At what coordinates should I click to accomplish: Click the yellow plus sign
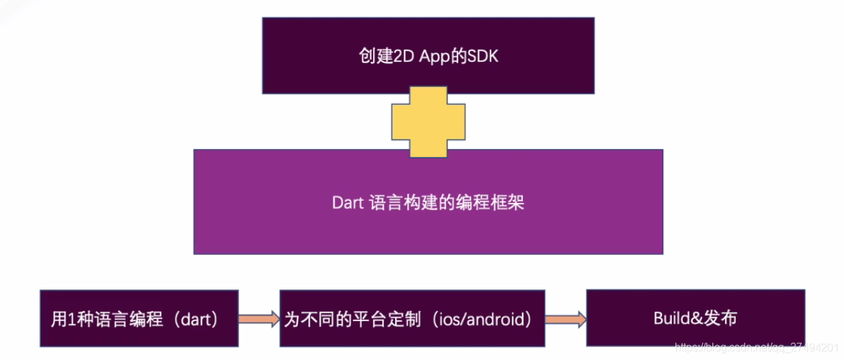tap(428, 121)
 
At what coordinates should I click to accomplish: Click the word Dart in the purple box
tap(347, 202)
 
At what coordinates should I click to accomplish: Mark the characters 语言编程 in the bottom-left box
tap(122, 319)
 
